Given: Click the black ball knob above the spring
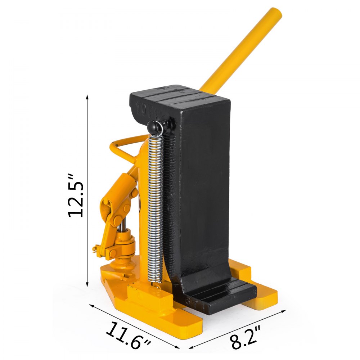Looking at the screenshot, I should [x=154, y=127].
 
